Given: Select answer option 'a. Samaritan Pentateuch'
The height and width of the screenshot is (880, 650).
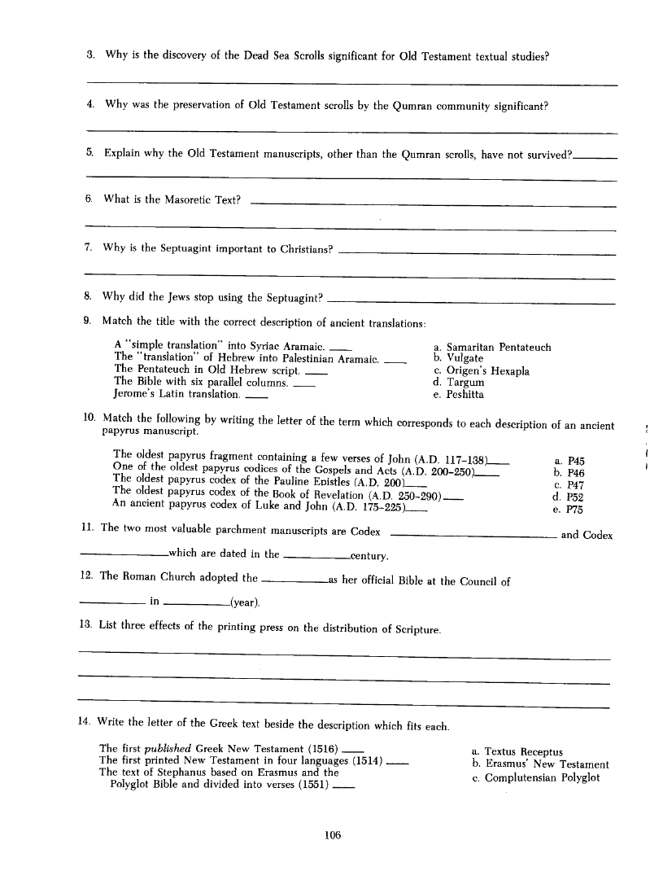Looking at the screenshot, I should [492, 348].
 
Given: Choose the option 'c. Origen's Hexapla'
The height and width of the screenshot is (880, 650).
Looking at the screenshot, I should [482, 371].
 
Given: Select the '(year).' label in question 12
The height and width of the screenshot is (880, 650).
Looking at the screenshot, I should [245, 602].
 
